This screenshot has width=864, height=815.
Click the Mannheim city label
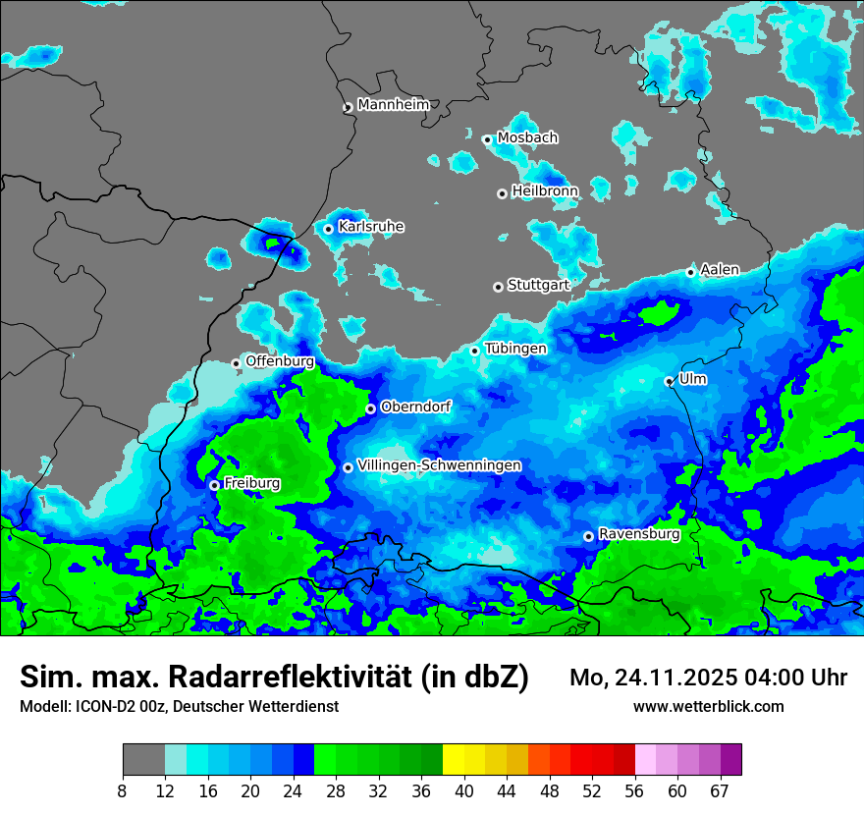394,104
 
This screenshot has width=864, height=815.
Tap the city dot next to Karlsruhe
329,229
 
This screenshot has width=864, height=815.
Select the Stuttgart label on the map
539,285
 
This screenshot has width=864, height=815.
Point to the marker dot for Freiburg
214,485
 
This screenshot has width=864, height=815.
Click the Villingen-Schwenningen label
440,464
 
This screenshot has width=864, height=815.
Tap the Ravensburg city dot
588,536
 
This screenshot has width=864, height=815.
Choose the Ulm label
693,379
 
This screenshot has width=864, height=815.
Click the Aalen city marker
691,272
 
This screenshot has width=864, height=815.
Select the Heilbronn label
545,190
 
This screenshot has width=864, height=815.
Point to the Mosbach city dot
487,139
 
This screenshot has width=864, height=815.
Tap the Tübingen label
515,349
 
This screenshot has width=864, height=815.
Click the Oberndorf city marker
370,408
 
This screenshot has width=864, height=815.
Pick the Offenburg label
280,360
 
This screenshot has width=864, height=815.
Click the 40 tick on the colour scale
463,791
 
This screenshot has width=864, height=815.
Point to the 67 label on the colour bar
720,791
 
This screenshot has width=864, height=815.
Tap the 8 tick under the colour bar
123,791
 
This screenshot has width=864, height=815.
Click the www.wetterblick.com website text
709,706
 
